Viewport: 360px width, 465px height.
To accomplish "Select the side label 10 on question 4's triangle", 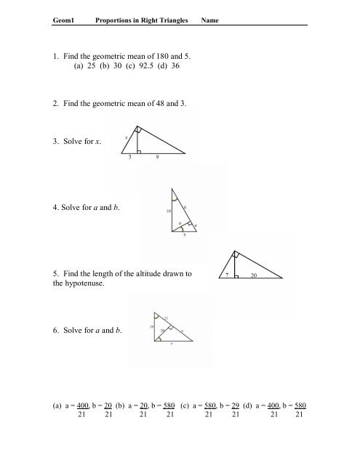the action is click(x=168, y=211).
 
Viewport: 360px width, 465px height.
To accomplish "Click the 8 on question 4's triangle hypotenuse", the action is click(x=185, y=208).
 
